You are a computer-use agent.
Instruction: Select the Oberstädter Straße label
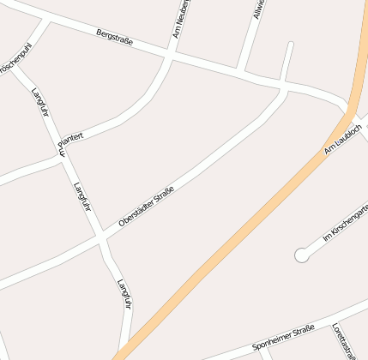point(146,207)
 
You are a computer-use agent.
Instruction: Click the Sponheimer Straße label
point(284,339)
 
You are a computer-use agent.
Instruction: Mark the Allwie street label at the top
point(258,9)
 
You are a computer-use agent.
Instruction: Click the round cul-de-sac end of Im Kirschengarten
point(301,255)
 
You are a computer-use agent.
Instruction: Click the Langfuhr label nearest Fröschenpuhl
point(39,102)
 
